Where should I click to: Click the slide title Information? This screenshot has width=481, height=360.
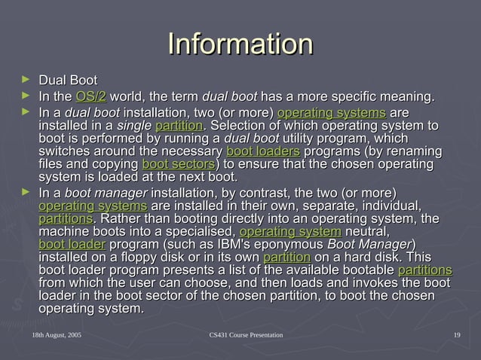click(x=240, y=43)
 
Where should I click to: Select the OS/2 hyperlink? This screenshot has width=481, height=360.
click(x=90, y=96)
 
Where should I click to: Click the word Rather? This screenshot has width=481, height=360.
click(x=121, y=218)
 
